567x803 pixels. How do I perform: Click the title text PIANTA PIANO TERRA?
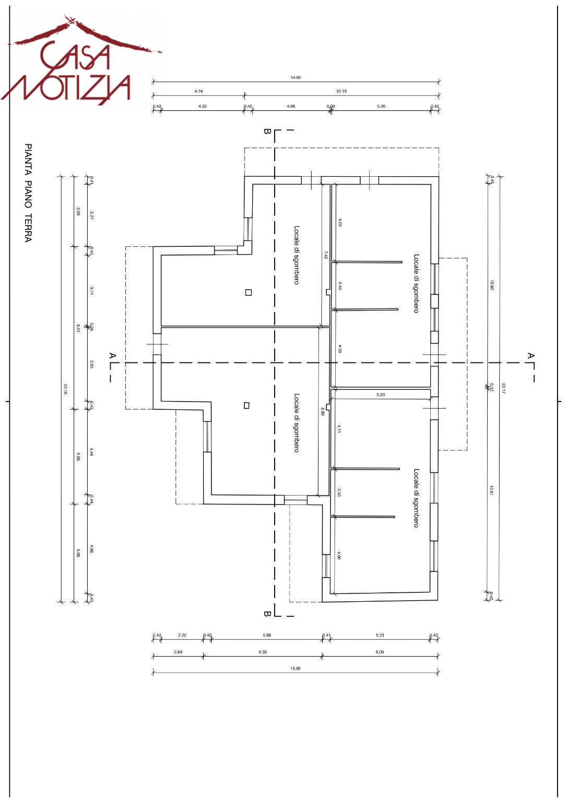click(28, 193)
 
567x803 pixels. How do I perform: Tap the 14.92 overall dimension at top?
click(296, 78)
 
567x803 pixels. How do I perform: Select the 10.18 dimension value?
click(341, 91)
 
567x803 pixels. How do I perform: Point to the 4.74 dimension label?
click(198, 91)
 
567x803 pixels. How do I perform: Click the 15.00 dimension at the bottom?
click(296, 669)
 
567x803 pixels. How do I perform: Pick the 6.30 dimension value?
click(263, 652)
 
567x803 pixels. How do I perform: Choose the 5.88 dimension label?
click(267, 635)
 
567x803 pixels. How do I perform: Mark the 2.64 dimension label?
click(178, 652)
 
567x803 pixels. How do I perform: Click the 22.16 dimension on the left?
click(66, 389)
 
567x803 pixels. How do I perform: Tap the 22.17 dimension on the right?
click(504, 389)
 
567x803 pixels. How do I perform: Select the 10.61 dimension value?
click(491, 490)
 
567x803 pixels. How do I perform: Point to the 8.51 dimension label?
click(78, 328)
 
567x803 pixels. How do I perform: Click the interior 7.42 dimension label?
click(325, 255)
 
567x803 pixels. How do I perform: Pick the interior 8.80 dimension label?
click(323, 411)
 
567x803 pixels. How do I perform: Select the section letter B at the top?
click(267, 132)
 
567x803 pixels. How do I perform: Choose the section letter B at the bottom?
click(267, 614)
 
